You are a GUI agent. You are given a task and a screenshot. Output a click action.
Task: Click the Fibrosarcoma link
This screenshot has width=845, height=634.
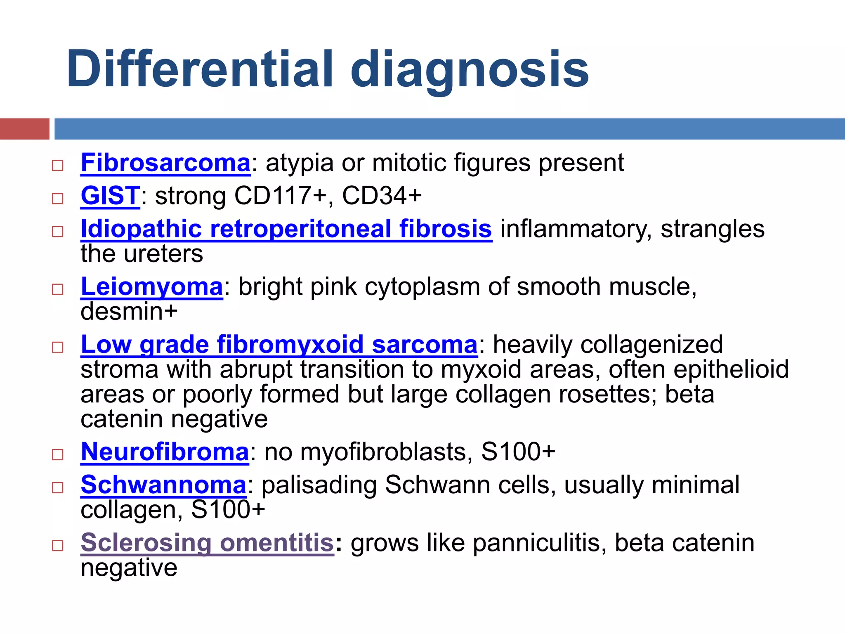[165, 163]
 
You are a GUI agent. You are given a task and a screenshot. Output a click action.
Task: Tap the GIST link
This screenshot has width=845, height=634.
[110, 196]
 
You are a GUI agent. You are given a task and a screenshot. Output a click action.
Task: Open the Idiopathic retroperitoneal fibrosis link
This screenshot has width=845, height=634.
[286, 229]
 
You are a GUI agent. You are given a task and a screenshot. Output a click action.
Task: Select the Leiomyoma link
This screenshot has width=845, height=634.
[152, 287]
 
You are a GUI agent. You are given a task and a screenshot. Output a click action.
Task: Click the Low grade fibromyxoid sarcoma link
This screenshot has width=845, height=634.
[279, 345]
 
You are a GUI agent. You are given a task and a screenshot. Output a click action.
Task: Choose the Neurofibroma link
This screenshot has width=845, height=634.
[165, 452]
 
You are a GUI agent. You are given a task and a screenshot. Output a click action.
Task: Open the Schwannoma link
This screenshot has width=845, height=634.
[163, 485]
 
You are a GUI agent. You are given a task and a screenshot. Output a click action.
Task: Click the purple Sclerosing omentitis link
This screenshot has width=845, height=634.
[207, 543]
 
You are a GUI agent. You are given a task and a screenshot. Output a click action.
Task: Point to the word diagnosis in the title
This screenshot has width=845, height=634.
[470, 69]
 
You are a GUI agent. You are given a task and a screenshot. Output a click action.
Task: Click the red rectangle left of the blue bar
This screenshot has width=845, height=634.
[24, 129]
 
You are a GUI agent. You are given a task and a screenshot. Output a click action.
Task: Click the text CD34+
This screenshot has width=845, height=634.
[382, 196]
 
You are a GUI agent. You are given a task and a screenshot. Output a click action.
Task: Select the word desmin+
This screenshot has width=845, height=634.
[129, 312]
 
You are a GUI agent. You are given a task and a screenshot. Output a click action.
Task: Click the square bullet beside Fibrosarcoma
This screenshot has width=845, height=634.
[57, 166]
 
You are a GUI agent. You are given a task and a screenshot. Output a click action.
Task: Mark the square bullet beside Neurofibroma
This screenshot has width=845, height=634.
[57, 454]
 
